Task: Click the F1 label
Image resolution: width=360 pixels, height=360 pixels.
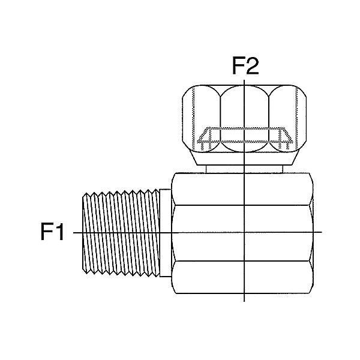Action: (52, 232)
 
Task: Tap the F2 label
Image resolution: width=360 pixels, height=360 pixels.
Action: (245, 66)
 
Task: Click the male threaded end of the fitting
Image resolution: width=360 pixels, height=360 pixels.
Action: (121, 232)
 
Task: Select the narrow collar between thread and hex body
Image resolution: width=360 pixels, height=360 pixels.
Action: (166, 233)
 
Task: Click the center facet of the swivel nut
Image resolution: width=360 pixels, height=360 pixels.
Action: (244, 119)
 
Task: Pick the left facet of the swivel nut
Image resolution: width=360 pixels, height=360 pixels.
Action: (202, 118)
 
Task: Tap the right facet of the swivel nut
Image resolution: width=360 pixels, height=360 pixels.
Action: (287, 118)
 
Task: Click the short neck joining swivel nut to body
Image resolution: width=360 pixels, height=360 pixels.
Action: (244, 169)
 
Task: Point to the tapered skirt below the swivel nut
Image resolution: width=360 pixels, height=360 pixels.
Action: (244, 157)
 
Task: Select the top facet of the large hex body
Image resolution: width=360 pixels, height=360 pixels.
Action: (242, 189)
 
